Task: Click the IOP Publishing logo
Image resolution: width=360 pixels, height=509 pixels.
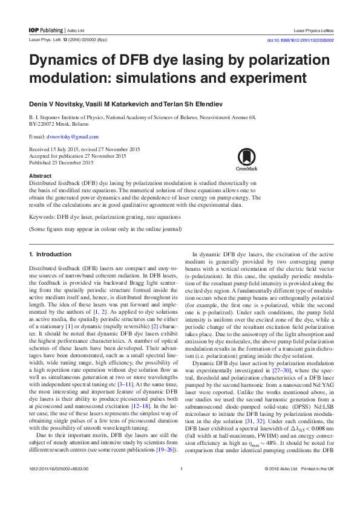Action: click(x=46, y=30)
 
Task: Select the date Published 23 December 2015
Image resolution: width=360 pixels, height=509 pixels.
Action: click(x=61, y=163)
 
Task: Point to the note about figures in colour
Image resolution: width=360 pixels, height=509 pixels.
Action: click(x=106, y=229)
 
